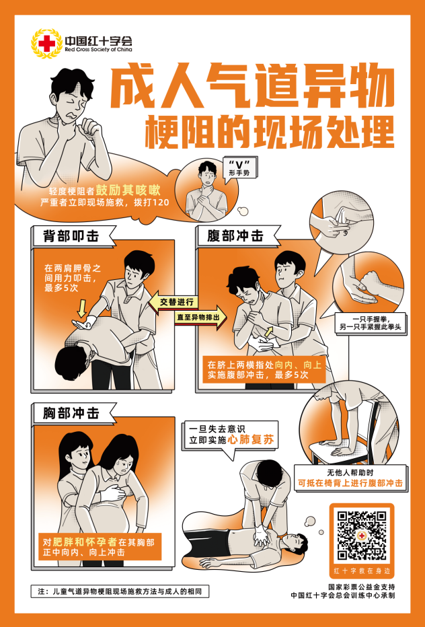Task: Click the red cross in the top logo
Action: click(47, 43)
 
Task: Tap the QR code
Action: click(362, 536)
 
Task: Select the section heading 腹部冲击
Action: click(235, 236)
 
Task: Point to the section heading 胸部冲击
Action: click(71, 412)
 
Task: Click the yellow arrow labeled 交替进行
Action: click(173, 302)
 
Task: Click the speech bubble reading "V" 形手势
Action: click(239, 170)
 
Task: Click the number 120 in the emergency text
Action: click(161, 202)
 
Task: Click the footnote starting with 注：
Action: click(120, 591)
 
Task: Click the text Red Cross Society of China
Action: click(98, 50)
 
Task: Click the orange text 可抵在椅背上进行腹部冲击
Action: click(350, 483)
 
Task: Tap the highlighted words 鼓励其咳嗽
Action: click(128, 190)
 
